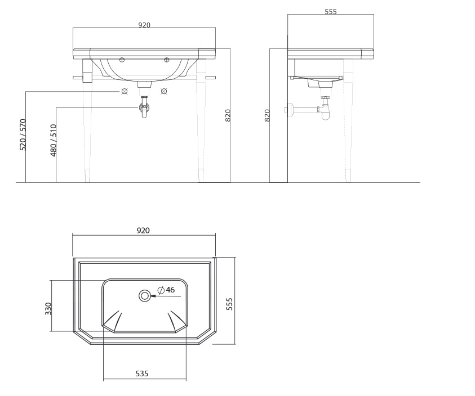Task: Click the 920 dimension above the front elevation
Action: [144, 25]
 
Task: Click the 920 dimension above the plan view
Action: [143, 231]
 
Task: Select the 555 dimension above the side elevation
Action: [331, 11]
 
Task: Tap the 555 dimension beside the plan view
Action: [229, 304]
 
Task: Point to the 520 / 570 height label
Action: [23, 135]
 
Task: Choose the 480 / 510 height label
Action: [54, 141]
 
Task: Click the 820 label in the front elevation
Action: [228, 115]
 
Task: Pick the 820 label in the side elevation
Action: [267, 115]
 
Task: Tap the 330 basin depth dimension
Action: [48, 309]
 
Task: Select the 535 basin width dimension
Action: [142, 373]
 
